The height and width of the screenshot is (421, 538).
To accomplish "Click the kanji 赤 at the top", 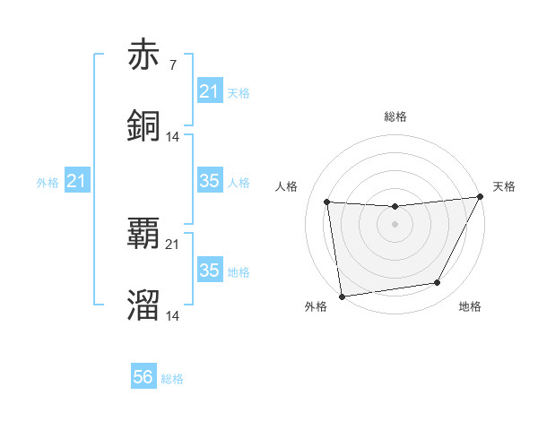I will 143,56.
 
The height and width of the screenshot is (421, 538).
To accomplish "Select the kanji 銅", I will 143,125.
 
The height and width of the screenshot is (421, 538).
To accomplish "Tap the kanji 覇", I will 143,234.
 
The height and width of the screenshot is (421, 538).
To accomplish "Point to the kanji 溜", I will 143,304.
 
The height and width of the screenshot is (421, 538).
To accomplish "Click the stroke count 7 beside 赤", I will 172,65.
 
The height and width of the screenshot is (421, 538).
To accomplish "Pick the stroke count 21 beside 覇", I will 173,245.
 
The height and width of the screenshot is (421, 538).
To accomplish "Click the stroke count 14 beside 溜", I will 173,315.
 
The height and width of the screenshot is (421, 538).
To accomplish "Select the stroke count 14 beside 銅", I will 173,136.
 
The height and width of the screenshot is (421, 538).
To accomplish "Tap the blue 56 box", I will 143,378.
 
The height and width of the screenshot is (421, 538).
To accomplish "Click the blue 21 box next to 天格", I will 210,91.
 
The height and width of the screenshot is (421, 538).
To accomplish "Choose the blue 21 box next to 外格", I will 77,182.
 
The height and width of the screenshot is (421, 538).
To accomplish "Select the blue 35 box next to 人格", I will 210,182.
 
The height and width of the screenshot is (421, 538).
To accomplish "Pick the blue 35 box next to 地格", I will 210,271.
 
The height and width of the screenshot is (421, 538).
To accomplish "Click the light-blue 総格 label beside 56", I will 173,379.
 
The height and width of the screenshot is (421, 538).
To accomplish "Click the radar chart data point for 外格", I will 342,296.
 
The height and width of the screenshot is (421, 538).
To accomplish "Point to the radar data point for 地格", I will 438,283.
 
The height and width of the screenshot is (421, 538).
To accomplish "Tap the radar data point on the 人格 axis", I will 327,202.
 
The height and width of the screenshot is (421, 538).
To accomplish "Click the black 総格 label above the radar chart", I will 395,116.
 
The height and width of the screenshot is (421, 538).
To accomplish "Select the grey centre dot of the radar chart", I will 395,224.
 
